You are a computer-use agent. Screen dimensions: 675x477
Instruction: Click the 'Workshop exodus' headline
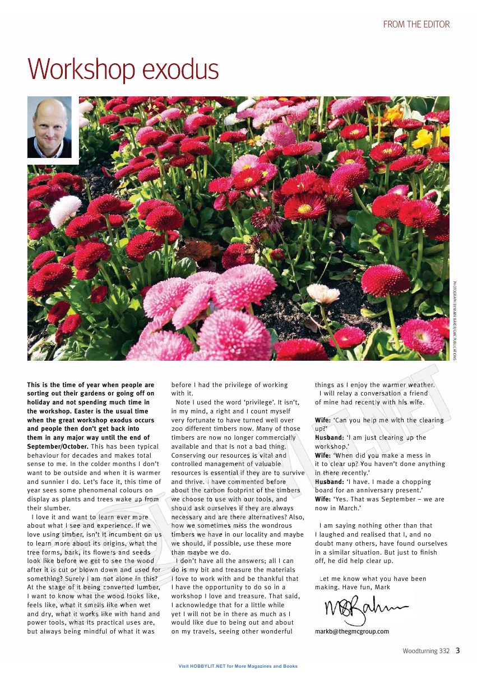coord(123,69)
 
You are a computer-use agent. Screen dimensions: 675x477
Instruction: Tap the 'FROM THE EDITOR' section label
coord(416,24)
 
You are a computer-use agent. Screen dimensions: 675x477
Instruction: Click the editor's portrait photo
coord(49,127)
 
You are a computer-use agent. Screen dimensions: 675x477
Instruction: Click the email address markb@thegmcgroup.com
coord(351,631)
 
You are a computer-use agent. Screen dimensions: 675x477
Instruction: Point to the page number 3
coord(457,650)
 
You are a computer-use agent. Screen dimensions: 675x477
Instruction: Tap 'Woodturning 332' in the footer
coord(425,651)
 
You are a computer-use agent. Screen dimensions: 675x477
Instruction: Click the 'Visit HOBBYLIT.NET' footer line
coord(238,666)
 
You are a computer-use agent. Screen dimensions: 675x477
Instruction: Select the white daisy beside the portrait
coord(65,210)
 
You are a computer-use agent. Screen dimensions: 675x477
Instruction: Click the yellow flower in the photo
coord(425,137)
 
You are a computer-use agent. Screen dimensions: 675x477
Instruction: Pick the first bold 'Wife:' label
coord(322,420)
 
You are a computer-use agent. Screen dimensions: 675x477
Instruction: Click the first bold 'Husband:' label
coord(329,437)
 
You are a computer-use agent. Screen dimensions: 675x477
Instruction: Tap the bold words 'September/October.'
coord(57,446)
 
